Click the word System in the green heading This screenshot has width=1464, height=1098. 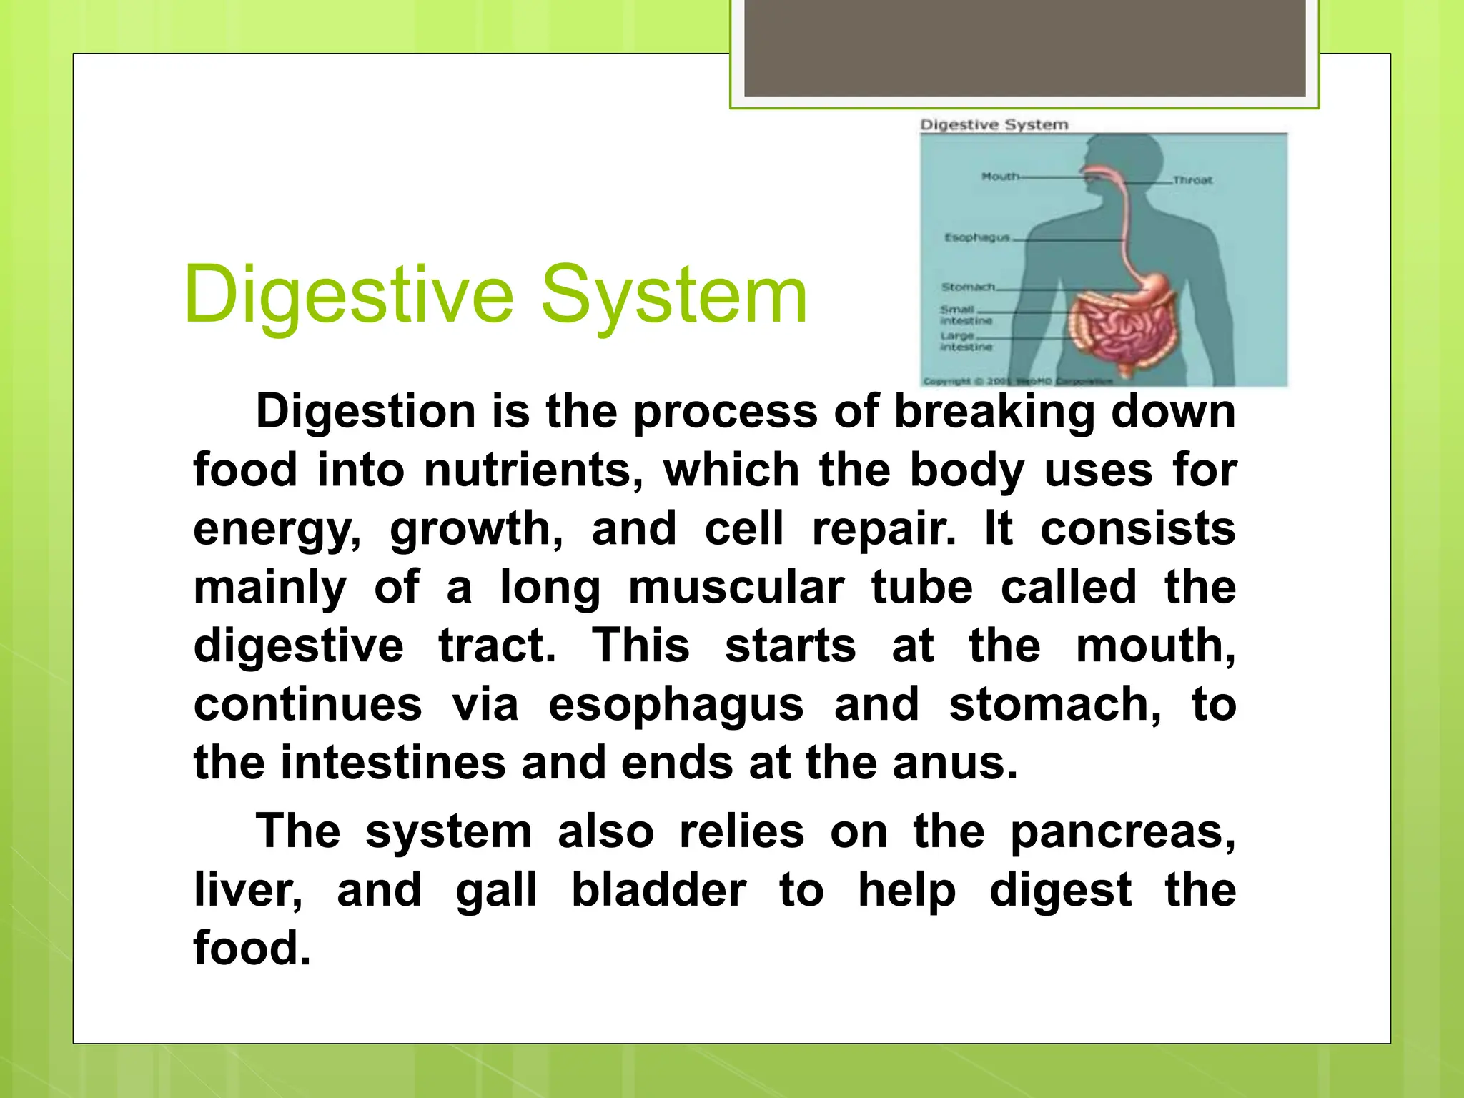(x=673, y=295)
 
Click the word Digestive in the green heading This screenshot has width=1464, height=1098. (x=349, y=295)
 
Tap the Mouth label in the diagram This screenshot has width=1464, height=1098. (x=999, y=176)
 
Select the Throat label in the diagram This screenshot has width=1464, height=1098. (x=1192, y=180)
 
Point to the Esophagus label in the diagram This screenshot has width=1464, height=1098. (x=976, y=237)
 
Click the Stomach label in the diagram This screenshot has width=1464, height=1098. (x=968, y=287)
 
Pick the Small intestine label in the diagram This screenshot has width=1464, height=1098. (x=965, y=315)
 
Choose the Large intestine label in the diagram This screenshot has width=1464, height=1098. (x=965, y=341)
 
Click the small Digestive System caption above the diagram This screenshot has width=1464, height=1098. (x=994, y=124)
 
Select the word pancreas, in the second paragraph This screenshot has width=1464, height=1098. (x=1122, y=832)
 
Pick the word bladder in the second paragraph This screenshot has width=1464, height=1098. (x=658, y=891)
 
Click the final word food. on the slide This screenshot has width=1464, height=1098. (x=252, y=949)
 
